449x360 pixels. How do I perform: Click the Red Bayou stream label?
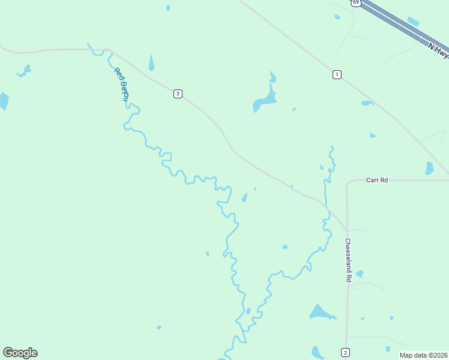[x=122, y=83]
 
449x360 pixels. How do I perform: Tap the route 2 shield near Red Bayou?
[x=178, y=93]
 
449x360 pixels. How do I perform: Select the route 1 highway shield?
[x=337, y=74]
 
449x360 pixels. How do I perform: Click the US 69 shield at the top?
[x=356, y=2]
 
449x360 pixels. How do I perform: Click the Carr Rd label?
[x=377, y=179]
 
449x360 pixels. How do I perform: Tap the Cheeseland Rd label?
[x=348, y=260]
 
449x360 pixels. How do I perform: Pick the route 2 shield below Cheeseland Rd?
[x=345, y=352]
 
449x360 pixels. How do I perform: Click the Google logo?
[x=20, y=353]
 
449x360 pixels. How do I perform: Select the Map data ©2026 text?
[x=423, y=354]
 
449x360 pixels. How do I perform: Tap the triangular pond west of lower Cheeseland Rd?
[x=320, y=312]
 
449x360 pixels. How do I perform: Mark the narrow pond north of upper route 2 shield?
[x=151, y=62]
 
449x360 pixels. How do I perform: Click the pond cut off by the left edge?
[x=3, y=101]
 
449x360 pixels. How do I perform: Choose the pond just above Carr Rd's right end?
[x=429, y=168]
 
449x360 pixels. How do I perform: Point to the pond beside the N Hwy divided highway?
[x=413, y=22]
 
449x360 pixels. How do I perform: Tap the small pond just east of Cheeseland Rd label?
[x=360, y=274]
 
